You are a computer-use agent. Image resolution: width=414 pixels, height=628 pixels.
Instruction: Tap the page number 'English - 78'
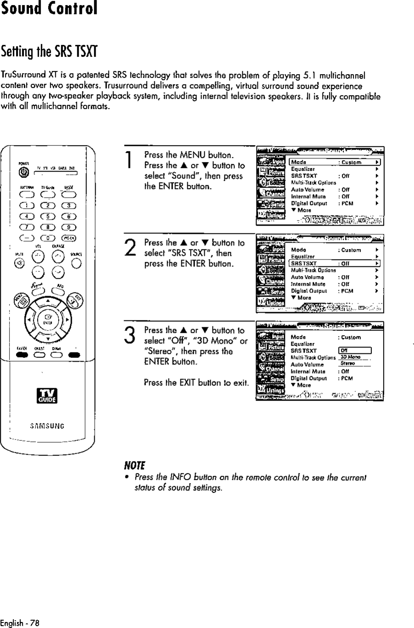(x=20, y=623)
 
